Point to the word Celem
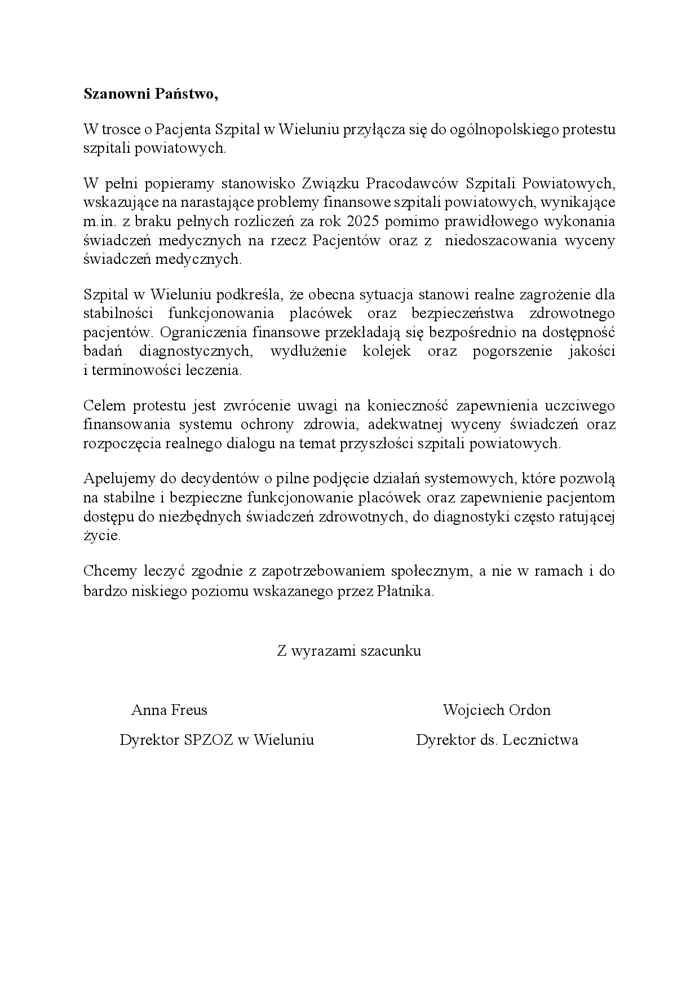click(102, 405)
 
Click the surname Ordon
click(527, 710)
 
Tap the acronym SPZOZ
click(209, 740)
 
